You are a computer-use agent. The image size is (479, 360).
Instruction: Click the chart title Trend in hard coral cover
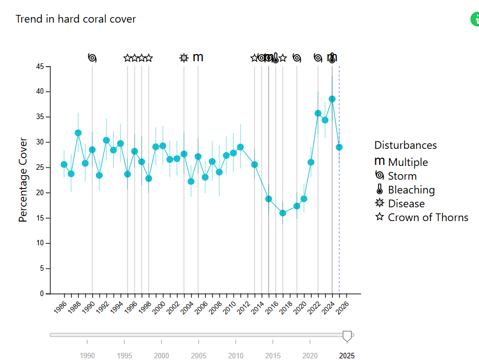pyautogui.click(x=76, y=19)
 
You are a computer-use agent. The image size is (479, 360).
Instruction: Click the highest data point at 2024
pyautogui.click(x=332, y=99)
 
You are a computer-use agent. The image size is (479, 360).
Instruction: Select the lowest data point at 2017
pyautogui.click(x=283, y=213)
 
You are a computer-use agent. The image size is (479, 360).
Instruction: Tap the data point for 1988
pyautogui.click(x=78, y=133)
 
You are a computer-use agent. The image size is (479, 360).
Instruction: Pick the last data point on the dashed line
pyautogui.click(x=339, y=147)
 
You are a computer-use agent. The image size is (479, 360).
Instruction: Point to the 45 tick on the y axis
pyautogui.click(x=40, y=67)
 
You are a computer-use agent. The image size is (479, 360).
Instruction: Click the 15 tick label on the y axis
pyautogui.click(x=40, y=218)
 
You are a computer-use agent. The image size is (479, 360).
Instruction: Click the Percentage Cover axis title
pyautogui.click(x=23, y=180)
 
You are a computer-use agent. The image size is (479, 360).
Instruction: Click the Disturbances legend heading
pyautogui.click(x=406, y=145)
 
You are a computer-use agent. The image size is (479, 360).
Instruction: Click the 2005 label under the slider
pyautogui.click(x=199, y=356)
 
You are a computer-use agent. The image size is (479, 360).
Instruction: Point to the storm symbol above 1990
pyautogui.click(x=92, y=58)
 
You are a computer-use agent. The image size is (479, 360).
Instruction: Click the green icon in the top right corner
pyautogui.click(x=475, y=19)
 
